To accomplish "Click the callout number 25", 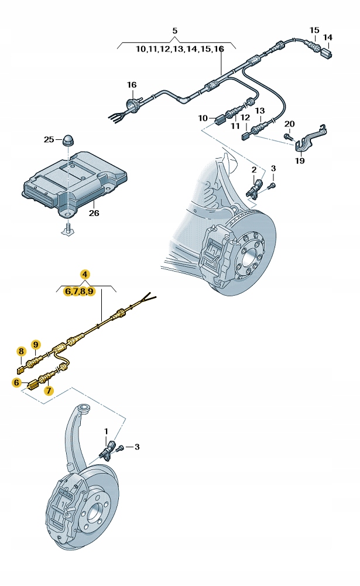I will point(48,139).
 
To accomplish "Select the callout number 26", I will point(94,213).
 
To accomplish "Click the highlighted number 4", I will point(85,274).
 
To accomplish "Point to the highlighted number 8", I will point(22,351).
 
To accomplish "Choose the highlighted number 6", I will point(16,382).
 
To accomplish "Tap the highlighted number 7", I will point(48,389).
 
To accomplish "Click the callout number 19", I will point(300,160).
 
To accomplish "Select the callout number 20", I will point(289,124).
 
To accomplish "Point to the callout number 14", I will point(328,38).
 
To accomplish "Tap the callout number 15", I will point(314,30).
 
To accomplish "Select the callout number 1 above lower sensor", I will point(107,432).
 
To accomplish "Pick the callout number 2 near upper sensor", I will point(254,169).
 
